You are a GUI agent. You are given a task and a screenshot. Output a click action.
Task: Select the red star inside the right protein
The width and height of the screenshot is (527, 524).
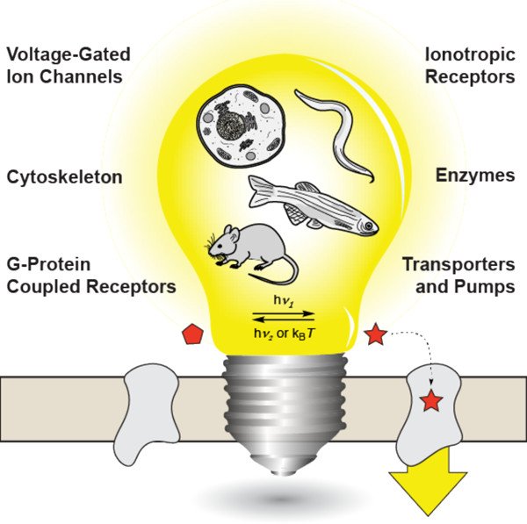click(431, 401)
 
